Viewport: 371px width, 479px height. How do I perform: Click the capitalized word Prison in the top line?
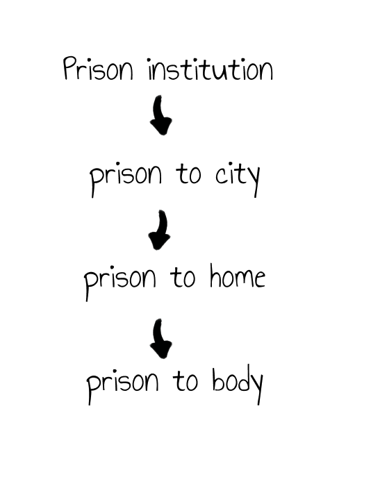[x=98, y=69]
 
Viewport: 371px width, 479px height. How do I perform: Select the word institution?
[x=211, y=69]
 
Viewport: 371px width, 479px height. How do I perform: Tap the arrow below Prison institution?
[x=160, y=115]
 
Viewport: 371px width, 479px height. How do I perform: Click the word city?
[x=238, y=178]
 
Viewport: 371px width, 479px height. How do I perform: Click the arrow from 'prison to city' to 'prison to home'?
[x=160, y=230]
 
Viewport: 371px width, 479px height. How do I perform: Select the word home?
[x=238, y=276]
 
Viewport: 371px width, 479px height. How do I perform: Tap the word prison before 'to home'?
[x=120, y=283]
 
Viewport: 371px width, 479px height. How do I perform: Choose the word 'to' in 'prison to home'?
[x=183, y=277]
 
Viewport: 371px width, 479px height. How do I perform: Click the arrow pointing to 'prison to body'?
[x=160, y=339]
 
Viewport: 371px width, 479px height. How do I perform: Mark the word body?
[x=238, y=385]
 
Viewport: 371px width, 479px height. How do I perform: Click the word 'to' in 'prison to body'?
[x=185, y=380]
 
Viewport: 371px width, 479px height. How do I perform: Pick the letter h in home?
[x=216, y=276]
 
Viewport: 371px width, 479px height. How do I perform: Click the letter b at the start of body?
[x=218, y=379]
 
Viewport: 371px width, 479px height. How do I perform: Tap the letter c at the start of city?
[x=220, y=176]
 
